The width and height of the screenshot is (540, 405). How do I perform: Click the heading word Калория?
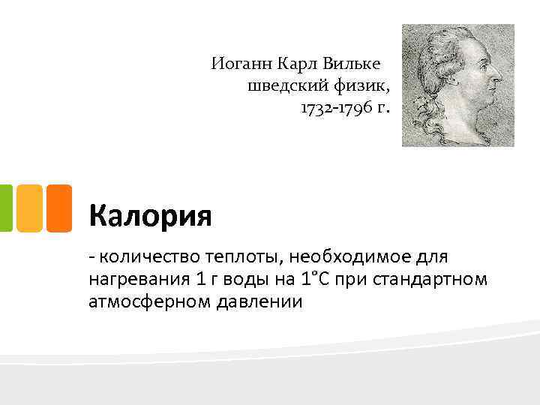coord(150,216)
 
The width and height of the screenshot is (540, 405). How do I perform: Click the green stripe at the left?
coord(5,208)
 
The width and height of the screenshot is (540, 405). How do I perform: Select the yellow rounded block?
coord(28,208)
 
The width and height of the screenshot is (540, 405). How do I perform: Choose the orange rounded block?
coord(58,208)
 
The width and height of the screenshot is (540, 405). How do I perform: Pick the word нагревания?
coord(135,280)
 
